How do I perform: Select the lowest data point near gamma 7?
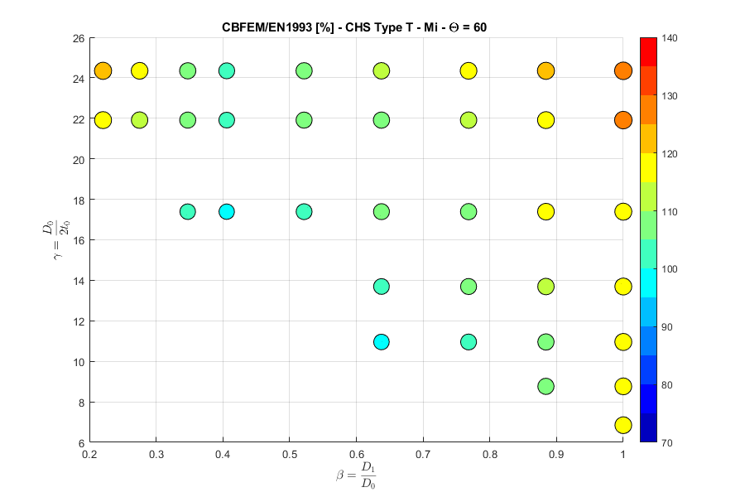tap(623, 425)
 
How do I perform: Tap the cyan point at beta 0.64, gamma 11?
tap(381, 341)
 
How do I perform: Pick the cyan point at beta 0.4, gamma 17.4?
tap(226, 211)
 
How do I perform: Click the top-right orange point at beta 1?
tap(623, 71)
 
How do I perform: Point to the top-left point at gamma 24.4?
tap(103, 71)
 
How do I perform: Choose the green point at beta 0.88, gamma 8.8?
tap(546, 386)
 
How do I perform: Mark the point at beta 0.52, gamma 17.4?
tap(304, 211)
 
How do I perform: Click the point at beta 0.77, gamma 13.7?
tap(469, 287)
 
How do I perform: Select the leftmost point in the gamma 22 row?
tap(103, 120)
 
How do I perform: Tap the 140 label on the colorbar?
tap(671, 38)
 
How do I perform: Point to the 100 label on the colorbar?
tap(671, 269)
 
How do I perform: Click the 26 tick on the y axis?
tap(79, 38)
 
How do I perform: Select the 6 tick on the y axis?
tap(81, 442)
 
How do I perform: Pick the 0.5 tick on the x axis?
tap(289, 454)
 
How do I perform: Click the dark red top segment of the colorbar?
tap(649, 46)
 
